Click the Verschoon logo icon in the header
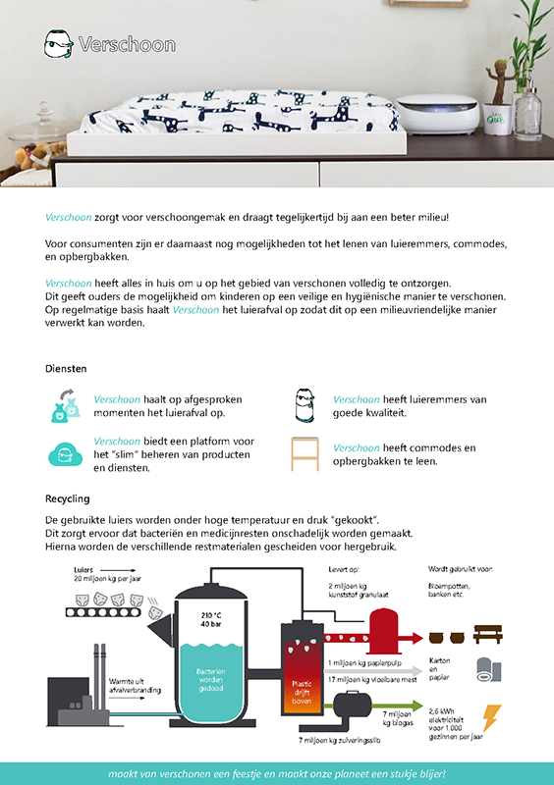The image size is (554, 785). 60,43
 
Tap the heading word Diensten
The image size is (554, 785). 66,369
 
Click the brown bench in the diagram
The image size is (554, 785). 488,633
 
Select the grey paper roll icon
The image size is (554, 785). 487,670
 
